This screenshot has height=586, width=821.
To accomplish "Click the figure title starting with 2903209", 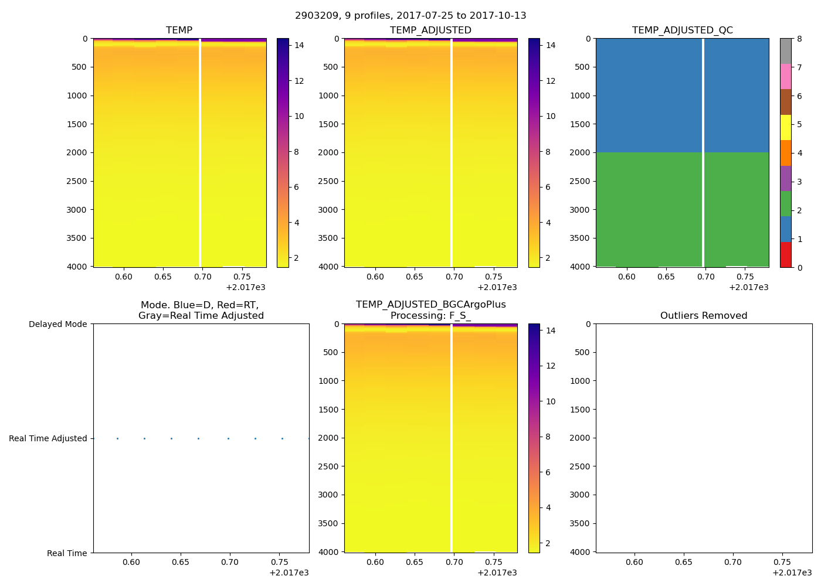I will [x=410, y=16].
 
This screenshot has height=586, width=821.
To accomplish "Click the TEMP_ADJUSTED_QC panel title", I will [x=682, y=30].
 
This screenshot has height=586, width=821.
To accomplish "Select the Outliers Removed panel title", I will [x=704, y=315].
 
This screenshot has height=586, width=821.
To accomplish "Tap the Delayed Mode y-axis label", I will [x=57, y=324].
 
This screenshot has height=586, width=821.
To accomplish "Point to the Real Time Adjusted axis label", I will [x=48, y=438].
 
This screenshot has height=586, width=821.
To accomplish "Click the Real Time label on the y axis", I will [x=67, y=553].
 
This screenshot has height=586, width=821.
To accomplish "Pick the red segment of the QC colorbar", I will [x=786, y=255].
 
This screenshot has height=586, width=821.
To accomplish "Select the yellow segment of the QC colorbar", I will [x=786, y=127].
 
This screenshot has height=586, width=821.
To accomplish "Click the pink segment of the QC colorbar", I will [x=786, y=76].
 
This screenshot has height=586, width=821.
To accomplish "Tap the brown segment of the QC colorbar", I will [x=786, y=102].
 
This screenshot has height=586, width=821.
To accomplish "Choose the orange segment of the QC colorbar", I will [x=786, y=153].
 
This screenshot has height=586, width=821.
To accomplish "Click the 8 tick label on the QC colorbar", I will [x=799, y=39].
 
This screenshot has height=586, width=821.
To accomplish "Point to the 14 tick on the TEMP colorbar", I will [x=299, y=45].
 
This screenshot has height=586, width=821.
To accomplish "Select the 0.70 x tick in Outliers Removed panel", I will [x=732, y=562].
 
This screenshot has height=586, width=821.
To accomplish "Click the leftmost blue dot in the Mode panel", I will [x=117, y=438].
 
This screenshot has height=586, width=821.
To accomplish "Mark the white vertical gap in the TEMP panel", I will [x=200, y=152].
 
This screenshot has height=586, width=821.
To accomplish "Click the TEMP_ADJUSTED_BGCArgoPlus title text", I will [x=430, y=305].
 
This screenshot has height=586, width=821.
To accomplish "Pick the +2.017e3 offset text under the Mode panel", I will [x=289, y=573].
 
